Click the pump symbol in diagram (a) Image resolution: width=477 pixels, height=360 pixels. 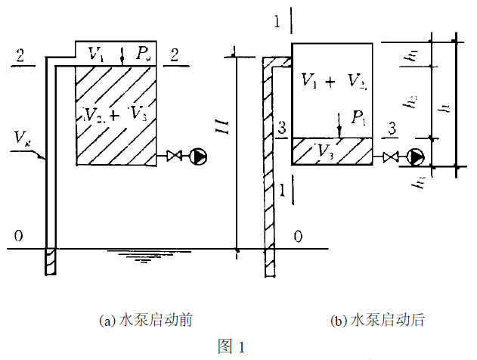click(x=199, y=157)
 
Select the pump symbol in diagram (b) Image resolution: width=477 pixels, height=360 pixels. click(x=415, y=157)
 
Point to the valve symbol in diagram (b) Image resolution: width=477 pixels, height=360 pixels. click(x=392, y=157)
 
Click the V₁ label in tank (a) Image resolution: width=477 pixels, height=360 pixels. click(x=96, y=54)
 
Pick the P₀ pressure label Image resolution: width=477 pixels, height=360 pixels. click(x=144, y=54)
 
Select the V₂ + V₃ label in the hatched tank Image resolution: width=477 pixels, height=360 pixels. click(x=115, y=115)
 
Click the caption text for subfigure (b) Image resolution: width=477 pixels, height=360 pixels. click(x=377, y=320)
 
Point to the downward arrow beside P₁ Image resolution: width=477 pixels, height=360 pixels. click(x=341, y=125)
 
